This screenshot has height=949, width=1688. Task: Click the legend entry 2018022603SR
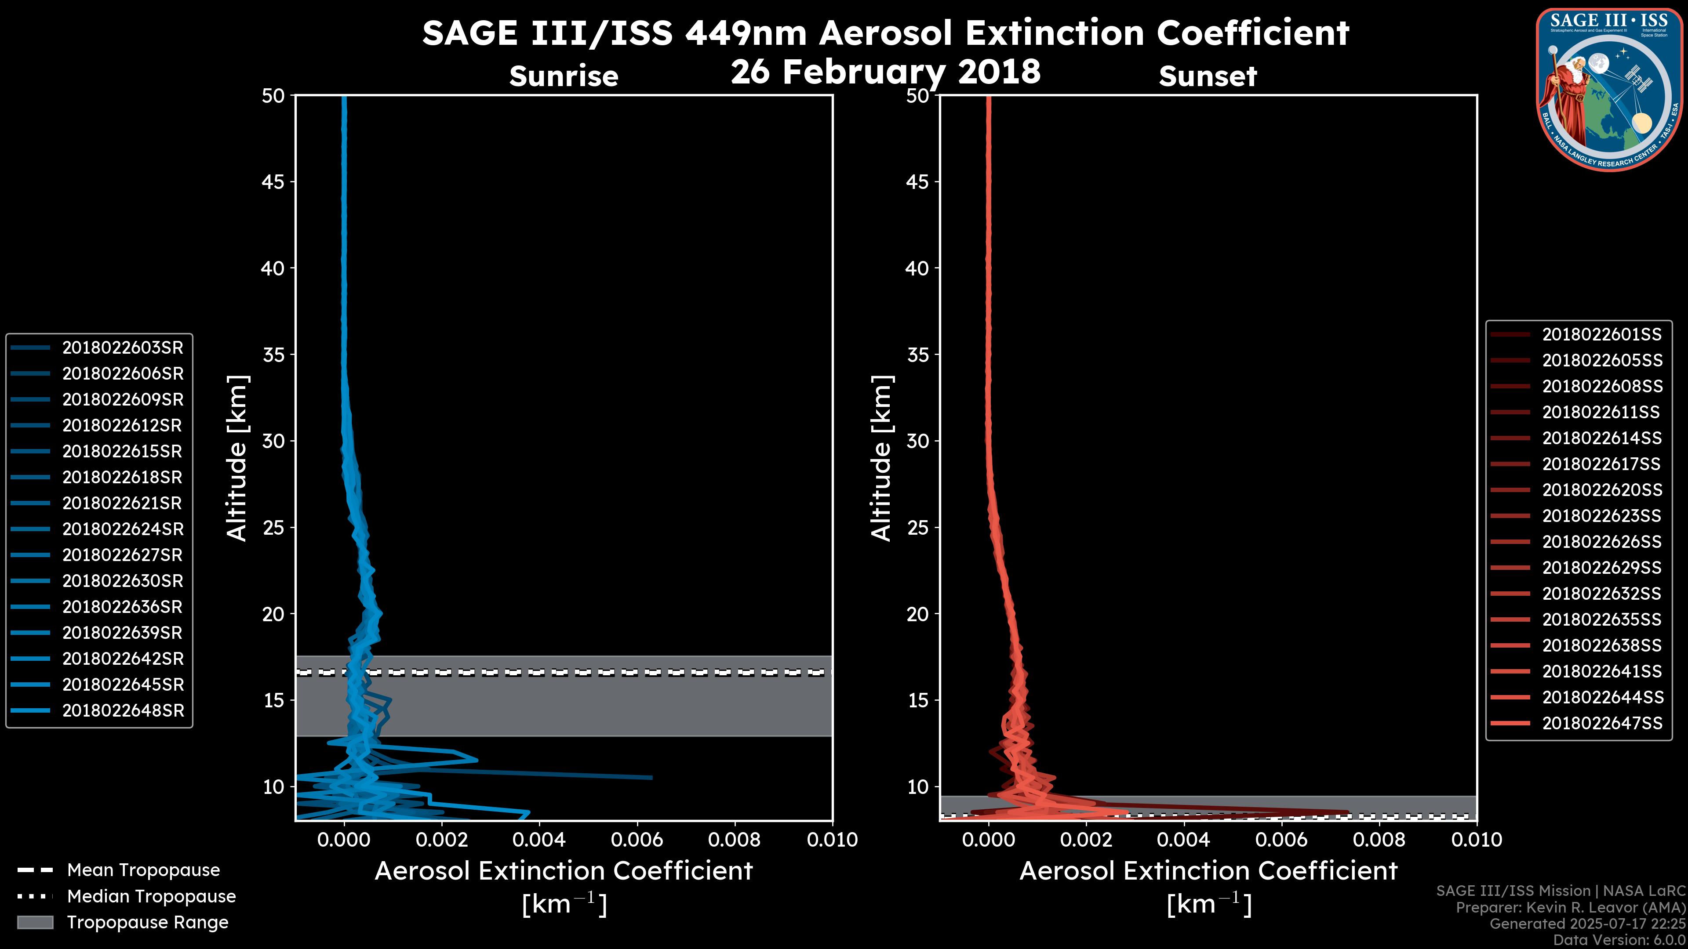click(x=123, y=348)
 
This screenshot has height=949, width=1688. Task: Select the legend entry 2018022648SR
click(x=123, y=710)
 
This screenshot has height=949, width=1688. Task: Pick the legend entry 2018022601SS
click(x=1601, y=335)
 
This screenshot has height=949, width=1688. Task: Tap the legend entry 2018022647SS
click(x=1601, y=723)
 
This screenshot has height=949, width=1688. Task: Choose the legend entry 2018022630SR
click(x=123, y=581)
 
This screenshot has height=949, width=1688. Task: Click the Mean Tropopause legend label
click(x=143, y=870)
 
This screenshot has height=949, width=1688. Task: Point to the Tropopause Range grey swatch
click(x=35, y=922)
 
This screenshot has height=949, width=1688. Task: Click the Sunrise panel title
click(x=564, y=76)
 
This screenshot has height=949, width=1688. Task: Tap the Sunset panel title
click(x=1208, y=76)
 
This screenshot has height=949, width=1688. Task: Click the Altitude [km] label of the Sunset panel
click(x=881, y=458)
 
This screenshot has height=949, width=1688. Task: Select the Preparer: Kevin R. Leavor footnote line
click(x=1570, y=908)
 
